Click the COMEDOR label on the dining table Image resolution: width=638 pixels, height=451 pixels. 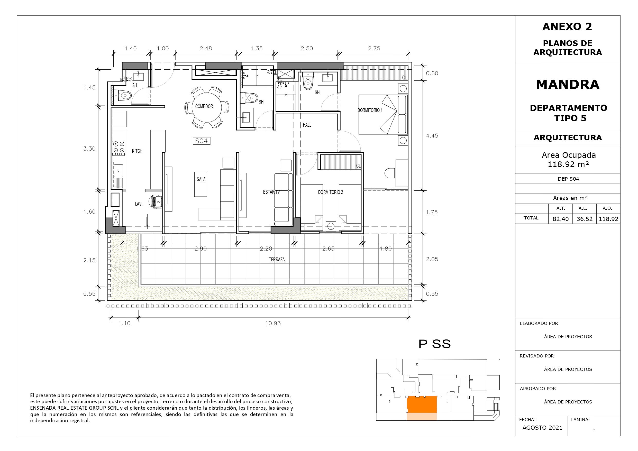click(x=204, y=106)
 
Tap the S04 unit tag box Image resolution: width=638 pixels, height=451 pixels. click(x=202, y=141)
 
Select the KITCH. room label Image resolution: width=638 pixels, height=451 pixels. click(x=138, y=151)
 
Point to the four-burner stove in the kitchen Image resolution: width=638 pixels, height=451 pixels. click(x=119, y=148)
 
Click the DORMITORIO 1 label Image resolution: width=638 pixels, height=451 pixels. click(x=370, y=110)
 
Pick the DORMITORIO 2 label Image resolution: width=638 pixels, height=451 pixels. click(x=330, y=192)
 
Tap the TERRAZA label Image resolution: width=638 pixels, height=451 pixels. click(x=277, y=260)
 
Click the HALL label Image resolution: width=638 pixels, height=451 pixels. click(x=307, y=125)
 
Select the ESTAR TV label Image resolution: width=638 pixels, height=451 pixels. click(x=271, y=192)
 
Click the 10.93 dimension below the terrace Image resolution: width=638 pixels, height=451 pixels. click(x=273, y=323)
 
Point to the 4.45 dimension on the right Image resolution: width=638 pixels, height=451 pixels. click(x=432, y=136)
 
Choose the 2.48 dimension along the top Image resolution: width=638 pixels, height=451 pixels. click(x=206, y=48)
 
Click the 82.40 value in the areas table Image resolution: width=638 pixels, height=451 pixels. click(x=560, y=219)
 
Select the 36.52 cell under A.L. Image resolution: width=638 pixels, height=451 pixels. click(x=584, y=219)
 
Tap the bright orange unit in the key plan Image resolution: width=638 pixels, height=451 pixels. click(x=422, y=404)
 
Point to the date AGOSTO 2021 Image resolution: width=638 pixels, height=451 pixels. click(x=542, y=428)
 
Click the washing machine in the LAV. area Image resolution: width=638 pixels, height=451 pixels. click(x=156, y=201)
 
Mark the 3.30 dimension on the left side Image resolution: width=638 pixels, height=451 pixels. click(x=89, y=149)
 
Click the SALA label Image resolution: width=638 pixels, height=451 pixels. click(x=201, y=180)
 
